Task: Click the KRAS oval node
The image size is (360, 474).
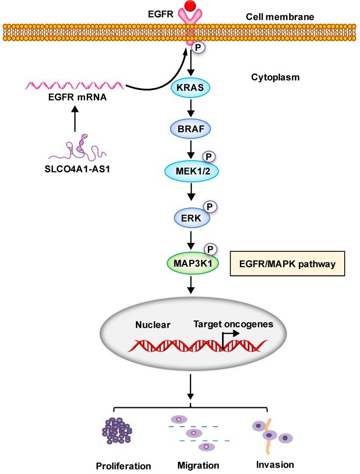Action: pyautogui.click(x=191, y=89)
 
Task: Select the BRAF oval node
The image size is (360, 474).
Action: pyautogui.click(x=191, y=129)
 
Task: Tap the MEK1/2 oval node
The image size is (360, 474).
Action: pyautogui.click(x=190, y=169)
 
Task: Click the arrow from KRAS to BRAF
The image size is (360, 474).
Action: pyautogui.click(x=190, y=108)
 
